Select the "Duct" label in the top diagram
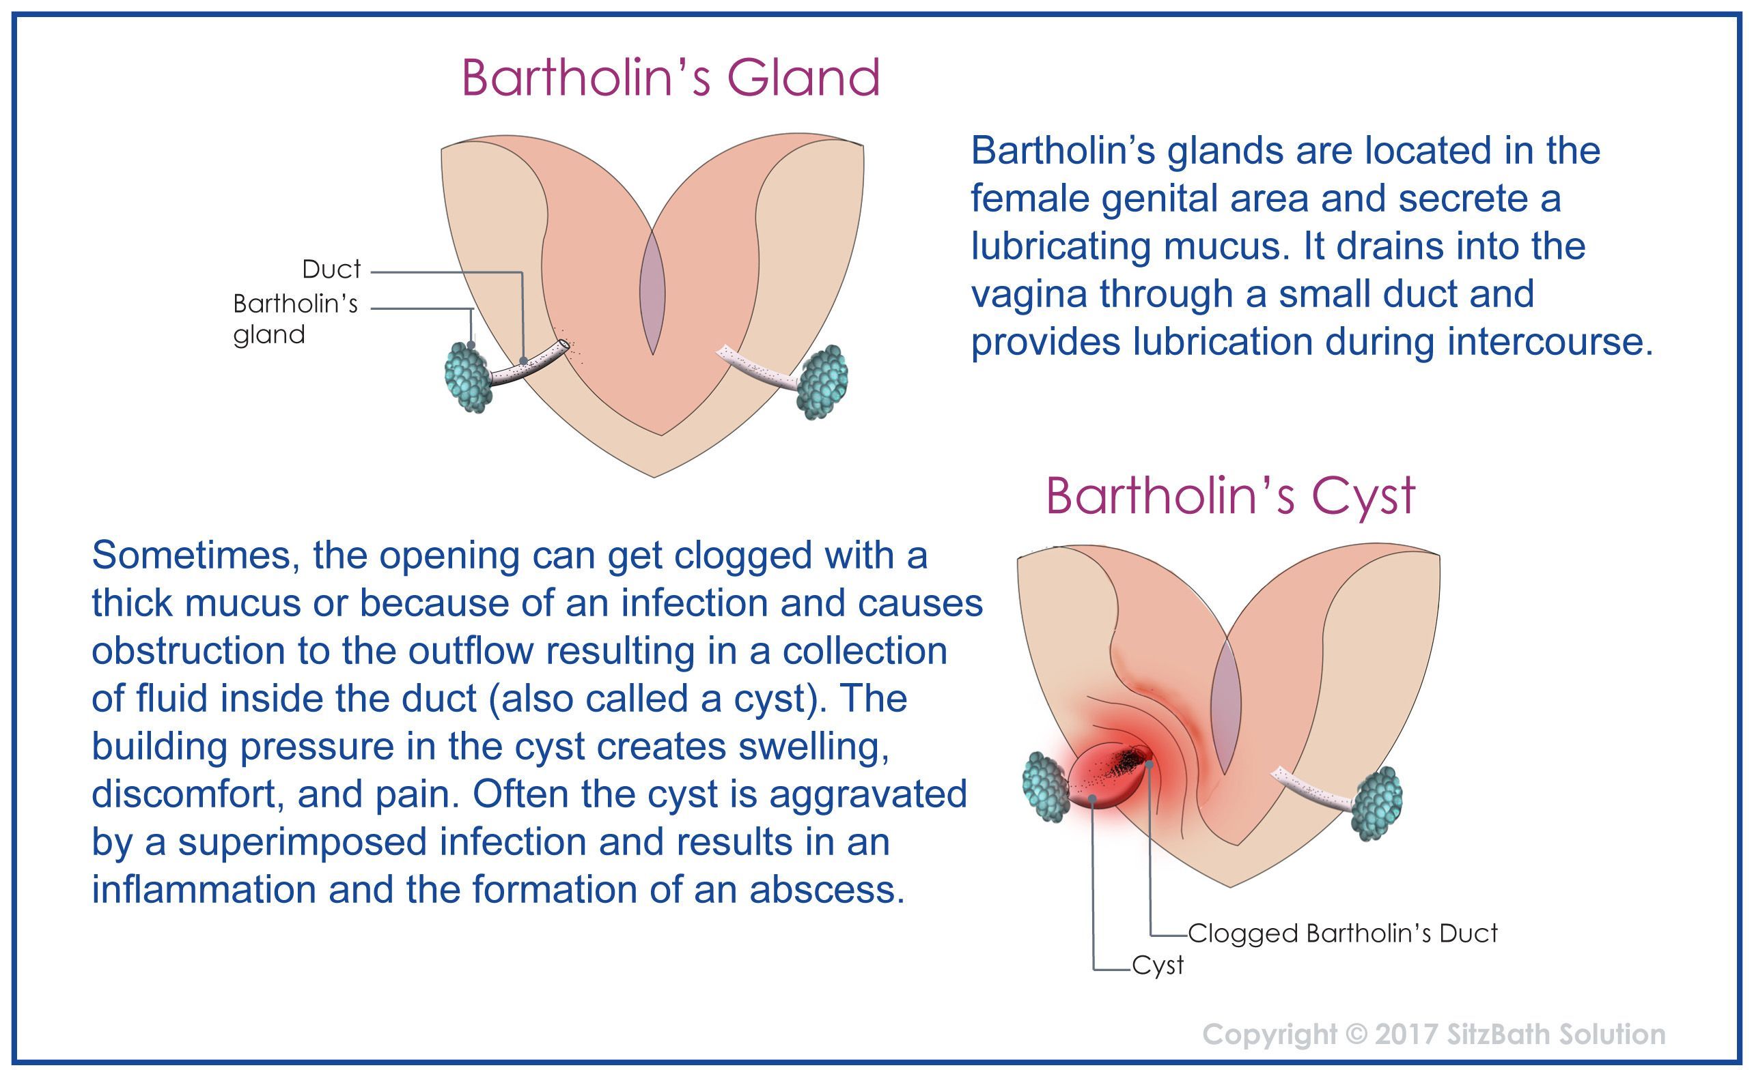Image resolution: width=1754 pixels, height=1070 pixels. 332,269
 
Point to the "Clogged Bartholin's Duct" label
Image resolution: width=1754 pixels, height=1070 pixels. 1343,933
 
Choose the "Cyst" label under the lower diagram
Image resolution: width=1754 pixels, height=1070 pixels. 1158,966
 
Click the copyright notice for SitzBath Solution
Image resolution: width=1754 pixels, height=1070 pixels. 1434,1034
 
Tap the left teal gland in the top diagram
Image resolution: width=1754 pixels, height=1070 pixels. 467,377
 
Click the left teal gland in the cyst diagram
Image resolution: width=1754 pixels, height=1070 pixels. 1046,787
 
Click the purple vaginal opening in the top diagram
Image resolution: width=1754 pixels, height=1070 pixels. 653,291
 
